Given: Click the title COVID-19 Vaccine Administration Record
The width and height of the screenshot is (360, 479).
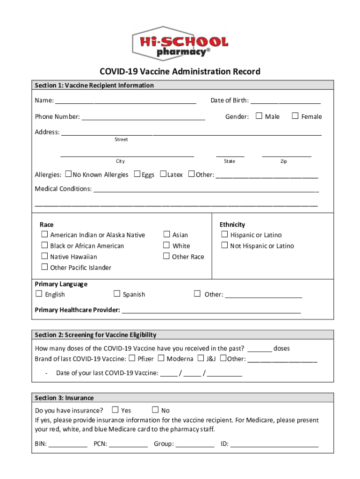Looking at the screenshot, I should click(x=180, y=72).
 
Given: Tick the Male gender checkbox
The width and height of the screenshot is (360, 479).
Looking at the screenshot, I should click(x=259, y=116).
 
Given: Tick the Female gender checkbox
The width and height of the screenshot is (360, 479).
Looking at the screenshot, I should click(x=295, y=116).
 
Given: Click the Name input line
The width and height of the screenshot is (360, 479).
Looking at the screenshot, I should click(x=125, y=101).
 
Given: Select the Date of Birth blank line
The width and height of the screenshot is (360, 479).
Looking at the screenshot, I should click(x=286, y=101).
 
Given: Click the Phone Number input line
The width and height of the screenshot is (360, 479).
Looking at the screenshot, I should click(x=143, y=117).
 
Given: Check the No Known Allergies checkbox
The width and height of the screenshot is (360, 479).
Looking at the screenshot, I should click(x=69, y=174).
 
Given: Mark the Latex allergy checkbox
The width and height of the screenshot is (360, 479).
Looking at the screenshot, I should click(x=163, y=174).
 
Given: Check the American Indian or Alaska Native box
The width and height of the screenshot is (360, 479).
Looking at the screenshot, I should click(x=44, y=234).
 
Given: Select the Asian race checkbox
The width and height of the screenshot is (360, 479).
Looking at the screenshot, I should click(x=166, y=234).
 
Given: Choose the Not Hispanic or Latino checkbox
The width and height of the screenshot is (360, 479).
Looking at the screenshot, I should click(x=224, y=245).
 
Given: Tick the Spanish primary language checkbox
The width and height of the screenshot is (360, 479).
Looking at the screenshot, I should click(x=117, y=294).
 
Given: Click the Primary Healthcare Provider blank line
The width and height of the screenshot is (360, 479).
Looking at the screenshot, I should click(x=211, y=311).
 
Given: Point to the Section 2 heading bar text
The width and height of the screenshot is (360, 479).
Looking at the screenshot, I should click(x=95, y=335).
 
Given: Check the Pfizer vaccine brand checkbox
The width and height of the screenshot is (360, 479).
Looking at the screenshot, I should click(x=132, y=358).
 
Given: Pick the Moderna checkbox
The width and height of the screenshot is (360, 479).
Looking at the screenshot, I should click(x=161, y=358).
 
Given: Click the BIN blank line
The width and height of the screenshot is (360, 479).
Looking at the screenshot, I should click(x=68, y=445).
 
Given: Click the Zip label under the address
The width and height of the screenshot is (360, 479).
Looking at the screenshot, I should click(x=283, y=161).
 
